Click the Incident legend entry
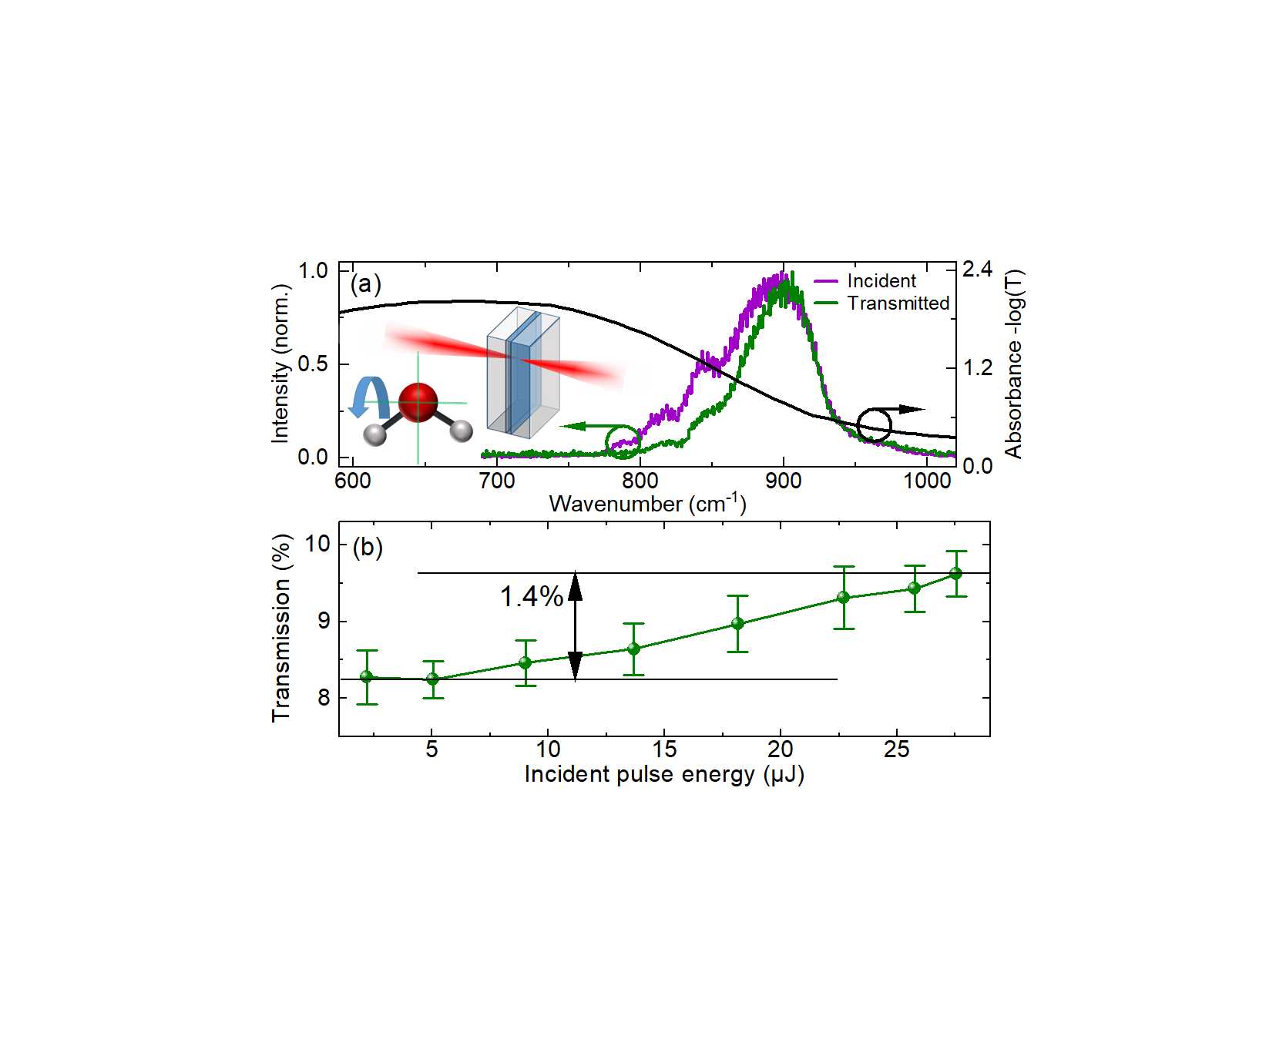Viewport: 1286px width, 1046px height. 881,281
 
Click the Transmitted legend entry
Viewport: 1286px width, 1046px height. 898,303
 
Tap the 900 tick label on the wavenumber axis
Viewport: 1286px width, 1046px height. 783,481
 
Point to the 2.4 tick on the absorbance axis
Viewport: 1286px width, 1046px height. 977,270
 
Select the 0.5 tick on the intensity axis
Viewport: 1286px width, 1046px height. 313,364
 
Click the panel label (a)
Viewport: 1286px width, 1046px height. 365,284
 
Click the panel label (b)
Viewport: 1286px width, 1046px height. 368,547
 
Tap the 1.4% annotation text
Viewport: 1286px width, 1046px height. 532,596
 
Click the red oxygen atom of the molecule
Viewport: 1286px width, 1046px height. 418,402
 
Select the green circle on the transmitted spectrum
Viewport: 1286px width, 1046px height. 623,441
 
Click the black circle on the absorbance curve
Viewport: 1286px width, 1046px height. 874,424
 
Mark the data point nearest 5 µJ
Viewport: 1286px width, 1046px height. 433,679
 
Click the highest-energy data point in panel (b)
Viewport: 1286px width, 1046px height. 955,573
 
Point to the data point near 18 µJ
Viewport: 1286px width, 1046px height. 737,624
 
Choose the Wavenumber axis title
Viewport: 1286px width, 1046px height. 647,504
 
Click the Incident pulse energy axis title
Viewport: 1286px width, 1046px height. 664,774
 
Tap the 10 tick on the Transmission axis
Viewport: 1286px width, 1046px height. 317,545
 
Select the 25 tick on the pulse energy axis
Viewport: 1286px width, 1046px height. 896,749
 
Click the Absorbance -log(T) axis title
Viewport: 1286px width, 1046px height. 1014,364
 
